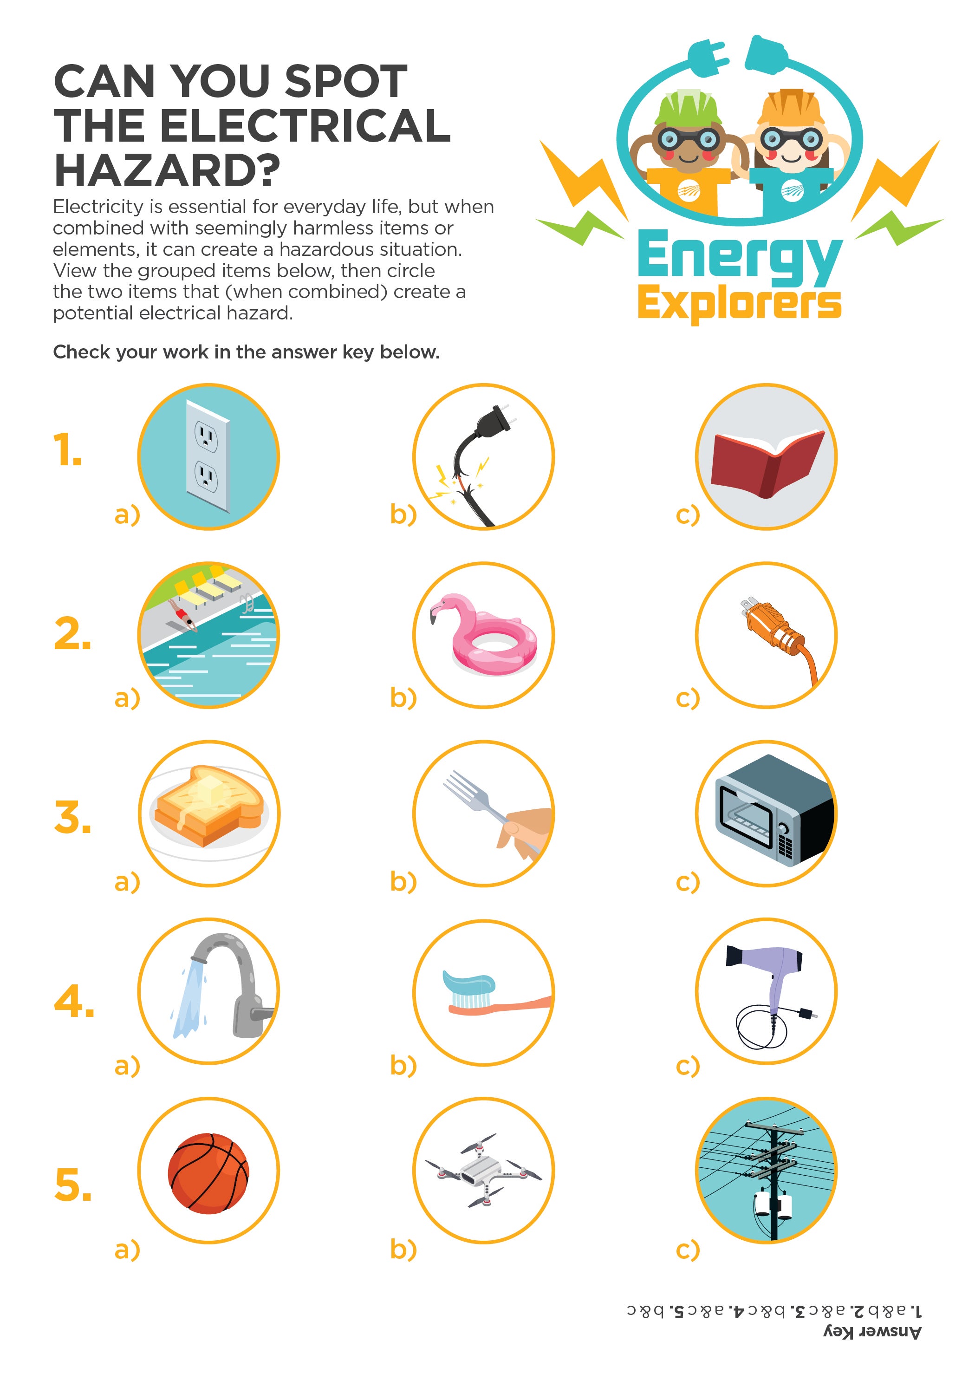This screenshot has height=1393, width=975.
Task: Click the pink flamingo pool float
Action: click(485, 637)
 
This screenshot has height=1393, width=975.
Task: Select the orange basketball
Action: click(208, 1173)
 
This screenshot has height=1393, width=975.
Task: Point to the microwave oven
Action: click(773, 810)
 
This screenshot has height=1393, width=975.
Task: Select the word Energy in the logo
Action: click(739, 257)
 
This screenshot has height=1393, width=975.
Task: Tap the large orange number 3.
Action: click(72, 817)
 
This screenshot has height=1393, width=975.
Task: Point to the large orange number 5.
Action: click(73, 1185)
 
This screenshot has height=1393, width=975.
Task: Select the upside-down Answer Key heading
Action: click(872, 1332)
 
